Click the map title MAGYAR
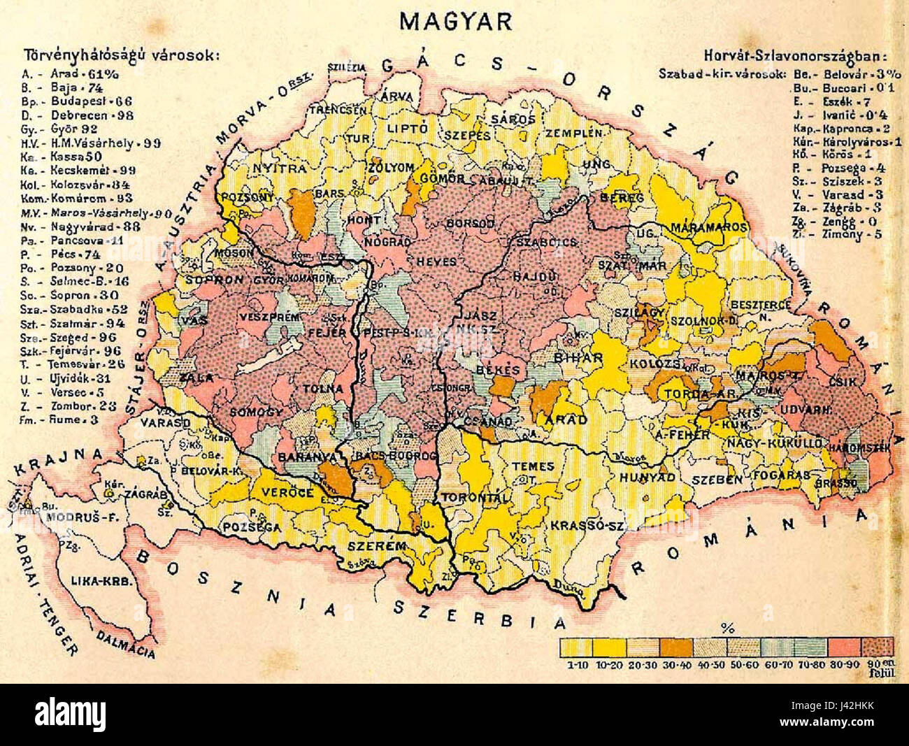coord(455,21)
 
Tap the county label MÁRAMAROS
coord(706,228)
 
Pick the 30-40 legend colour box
coord(678,647)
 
